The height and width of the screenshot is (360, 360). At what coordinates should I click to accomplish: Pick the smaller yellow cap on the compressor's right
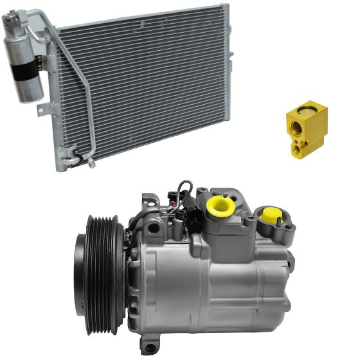[x=270, y=215]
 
